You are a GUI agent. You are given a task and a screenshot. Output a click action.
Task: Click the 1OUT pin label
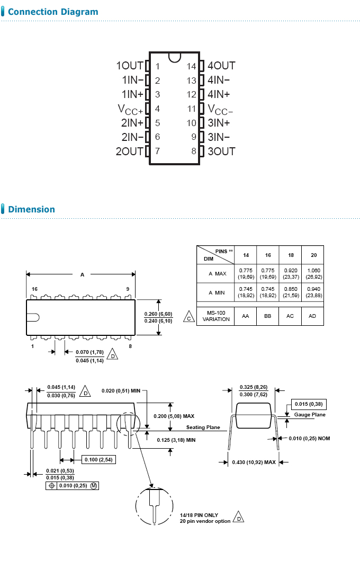130,66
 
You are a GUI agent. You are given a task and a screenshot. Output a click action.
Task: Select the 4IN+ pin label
219,94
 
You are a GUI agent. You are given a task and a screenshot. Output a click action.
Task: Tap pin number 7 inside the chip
157,152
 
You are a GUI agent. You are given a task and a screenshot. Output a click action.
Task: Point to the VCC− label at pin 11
220,110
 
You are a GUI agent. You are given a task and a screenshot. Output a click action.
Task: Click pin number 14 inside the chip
192,67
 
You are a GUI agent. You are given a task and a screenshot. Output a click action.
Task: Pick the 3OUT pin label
221,152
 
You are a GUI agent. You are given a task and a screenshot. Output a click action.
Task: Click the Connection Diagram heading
53,12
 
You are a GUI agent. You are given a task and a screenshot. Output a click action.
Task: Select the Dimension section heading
31,209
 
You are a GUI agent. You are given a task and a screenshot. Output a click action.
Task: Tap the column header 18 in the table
291,255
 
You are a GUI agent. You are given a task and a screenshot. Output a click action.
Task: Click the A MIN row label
217,292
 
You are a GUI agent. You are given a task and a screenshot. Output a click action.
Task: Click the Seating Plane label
203,428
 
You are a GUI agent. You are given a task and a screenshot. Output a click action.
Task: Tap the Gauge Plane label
310,415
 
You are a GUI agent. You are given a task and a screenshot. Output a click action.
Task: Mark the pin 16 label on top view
34,289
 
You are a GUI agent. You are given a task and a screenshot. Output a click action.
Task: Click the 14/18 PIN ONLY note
199,515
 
